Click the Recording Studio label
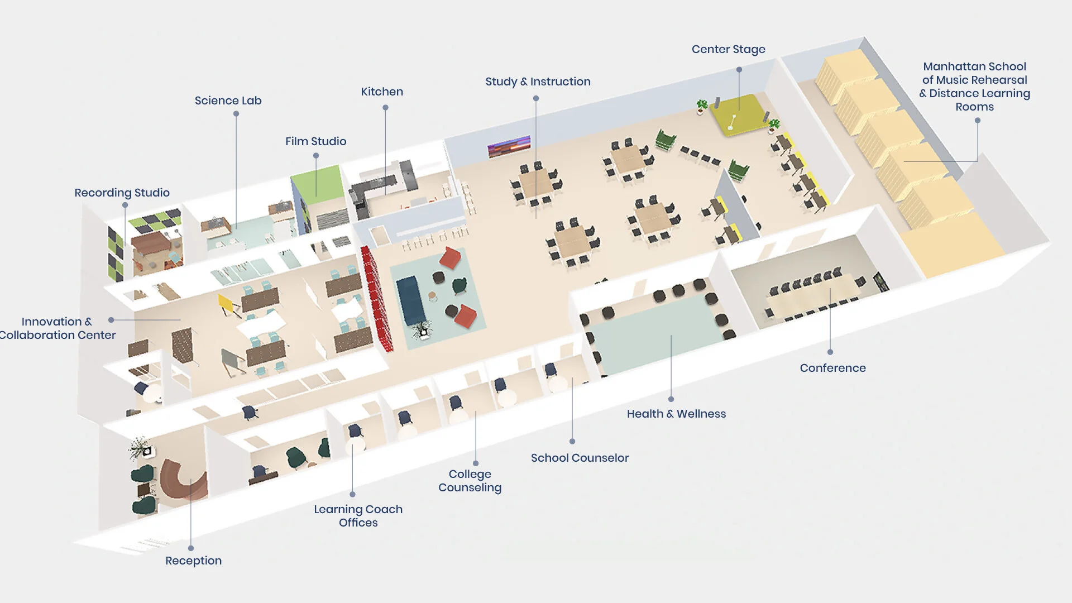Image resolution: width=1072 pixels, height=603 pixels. tap(122, 193)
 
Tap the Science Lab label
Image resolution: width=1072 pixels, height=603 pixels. tap(228, 100)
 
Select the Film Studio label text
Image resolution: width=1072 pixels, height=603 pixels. tap(315, 141)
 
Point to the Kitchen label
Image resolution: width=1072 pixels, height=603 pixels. tap(382, 92)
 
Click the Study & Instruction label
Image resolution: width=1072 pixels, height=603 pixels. tap(538, 82)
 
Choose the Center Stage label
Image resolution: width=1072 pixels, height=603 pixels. tap(728, 49)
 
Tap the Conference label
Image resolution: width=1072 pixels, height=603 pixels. tap(832, 368)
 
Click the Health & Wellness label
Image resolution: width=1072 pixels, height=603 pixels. tap(676, 414)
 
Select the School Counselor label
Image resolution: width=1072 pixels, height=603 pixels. tap(580, 458)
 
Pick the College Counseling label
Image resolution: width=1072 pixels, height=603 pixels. tap(470, 481)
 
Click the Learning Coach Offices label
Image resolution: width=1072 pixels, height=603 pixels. tap(358, 516)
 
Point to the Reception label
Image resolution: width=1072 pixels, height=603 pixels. tap(193, 561)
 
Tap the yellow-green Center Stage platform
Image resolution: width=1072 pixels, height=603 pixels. tap(738, 114)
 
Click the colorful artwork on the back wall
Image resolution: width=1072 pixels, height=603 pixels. tap(509, 146)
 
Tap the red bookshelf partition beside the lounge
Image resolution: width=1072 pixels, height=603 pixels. tap(376, 299)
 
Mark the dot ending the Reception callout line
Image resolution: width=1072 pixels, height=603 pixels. tap(191, 548)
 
